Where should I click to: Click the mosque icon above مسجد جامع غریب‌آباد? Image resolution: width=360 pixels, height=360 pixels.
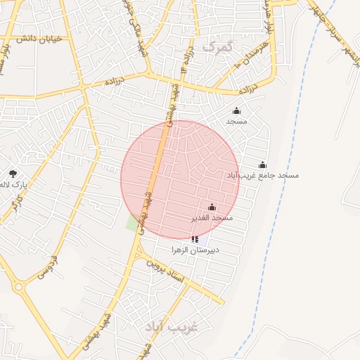[x=262, y=165]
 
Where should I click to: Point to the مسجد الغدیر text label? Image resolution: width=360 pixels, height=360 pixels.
[x=212, y=218]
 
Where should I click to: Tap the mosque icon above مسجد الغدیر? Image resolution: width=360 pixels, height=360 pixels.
[x=212, y=207]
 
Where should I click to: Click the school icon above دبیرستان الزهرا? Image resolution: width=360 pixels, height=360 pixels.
[x=195, y=240]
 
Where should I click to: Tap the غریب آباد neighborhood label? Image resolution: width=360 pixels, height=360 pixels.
[x=172, y=327]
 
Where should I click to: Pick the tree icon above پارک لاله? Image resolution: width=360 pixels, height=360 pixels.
[x=13, y=174]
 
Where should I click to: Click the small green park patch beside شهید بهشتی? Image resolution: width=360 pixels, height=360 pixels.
[x=132, y=224]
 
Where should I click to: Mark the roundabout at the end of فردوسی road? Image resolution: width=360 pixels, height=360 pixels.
[x=19, y=287]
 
